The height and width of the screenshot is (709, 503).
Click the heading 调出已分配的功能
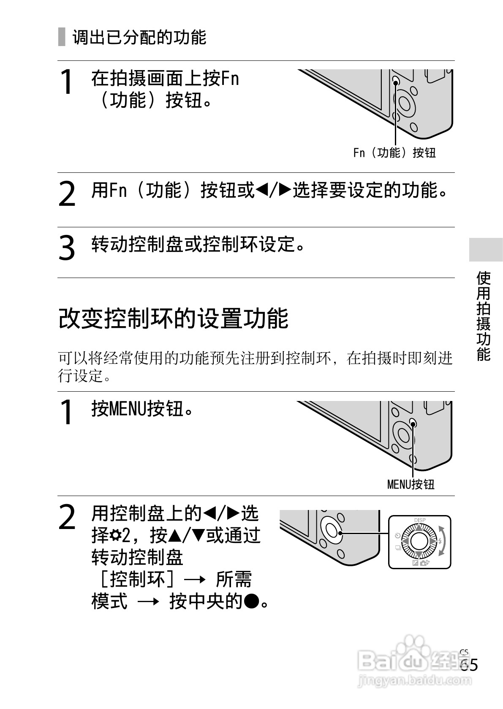[x=139, y=38]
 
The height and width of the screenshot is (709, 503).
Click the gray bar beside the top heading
[x=62, y=37]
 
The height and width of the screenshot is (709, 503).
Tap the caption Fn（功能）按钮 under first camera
[x=394, y=153]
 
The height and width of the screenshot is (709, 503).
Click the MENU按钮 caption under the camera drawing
[x=411, y=484]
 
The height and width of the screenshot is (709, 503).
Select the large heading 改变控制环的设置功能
[x=173, y=318]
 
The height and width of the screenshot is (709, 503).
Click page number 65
[x=469, y=665]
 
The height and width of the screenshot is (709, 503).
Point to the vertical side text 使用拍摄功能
[x=484, y=316]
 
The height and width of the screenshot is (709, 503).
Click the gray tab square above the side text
[x=486, y=250]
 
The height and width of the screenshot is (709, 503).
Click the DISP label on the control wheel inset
[x=419, y=520]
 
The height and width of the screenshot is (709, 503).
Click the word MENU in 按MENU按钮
[x=127, y=409]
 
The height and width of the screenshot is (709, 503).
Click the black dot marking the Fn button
[x=396, y=82]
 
